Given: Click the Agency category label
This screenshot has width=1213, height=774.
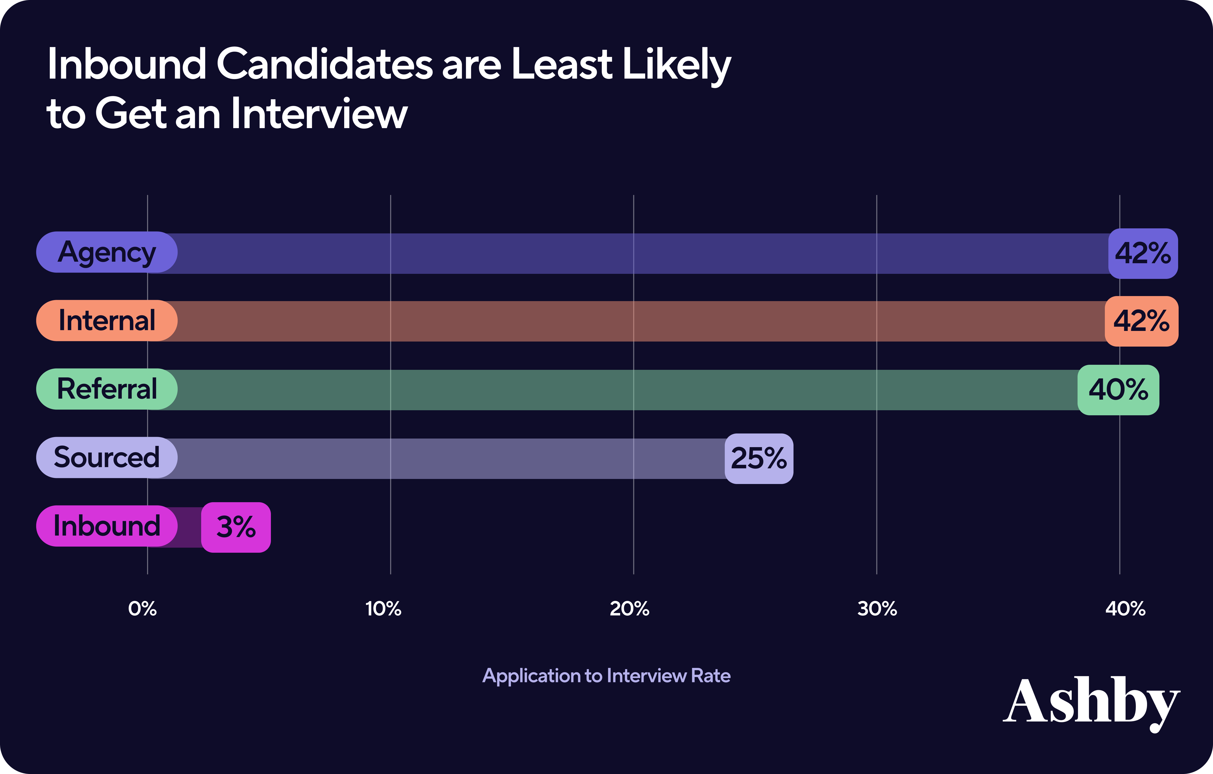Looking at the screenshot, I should [107, 252].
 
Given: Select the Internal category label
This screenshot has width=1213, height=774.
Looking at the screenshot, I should [107, 321].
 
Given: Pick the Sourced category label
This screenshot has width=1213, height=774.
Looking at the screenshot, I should [107, 457].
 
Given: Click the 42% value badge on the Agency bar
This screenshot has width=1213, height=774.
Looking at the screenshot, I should [1142, 253].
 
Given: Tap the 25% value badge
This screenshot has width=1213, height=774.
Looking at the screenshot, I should [759, 458].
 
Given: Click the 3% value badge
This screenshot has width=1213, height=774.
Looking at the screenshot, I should [236, 527].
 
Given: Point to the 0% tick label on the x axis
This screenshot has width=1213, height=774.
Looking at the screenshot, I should [143, 609].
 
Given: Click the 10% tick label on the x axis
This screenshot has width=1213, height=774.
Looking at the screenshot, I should [383, 609].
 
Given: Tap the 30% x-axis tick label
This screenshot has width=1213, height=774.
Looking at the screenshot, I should [877, 609].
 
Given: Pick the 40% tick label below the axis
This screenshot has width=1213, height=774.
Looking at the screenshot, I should [1125, 609].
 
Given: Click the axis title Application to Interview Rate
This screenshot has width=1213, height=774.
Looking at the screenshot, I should [606, 676].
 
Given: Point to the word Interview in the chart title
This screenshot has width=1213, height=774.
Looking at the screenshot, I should [319, 114].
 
